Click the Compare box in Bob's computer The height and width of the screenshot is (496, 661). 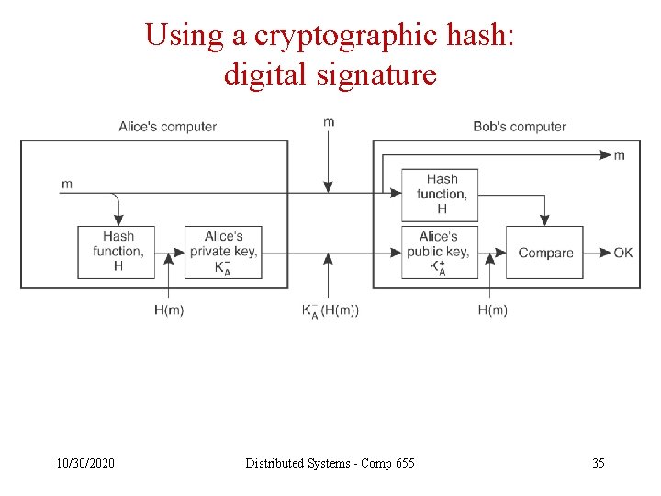(545, 253)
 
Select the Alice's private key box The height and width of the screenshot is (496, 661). (223, 253)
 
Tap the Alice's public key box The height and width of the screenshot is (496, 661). (439, 253)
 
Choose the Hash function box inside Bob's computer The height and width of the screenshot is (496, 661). (441, 194)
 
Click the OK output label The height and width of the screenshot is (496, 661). (623, 253)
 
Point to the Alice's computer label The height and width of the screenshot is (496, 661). (167, 127)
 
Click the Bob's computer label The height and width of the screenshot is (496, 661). (520, 127)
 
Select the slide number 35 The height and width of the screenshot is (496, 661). (598, 463)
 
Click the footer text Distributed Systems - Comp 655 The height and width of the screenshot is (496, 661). (330, 463)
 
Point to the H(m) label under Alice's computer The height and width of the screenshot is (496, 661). (169, 310)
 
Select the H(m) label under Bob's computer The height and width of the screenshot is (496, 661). (492, 310)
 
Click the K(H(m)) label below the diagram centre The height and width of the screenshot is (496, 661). (330, 310)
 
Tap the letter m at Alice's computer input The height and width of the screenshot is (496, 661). (67, 184)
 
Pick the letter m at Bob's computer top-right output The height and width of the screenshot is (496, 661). (620, 155)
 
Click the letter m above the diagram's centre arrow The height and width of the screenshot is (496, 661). (329, 122)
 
